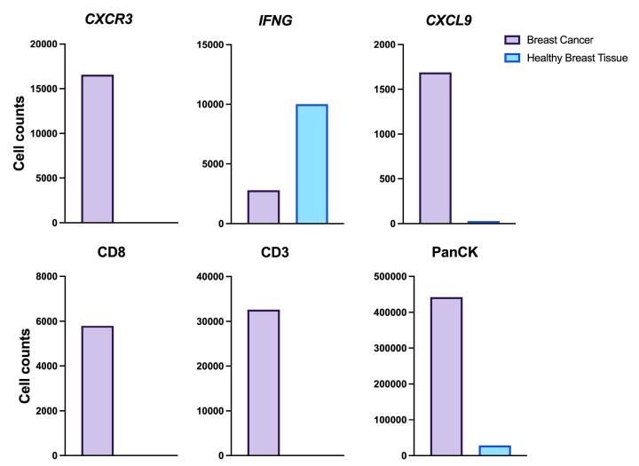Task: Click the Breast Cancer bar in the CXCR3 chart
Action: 98,149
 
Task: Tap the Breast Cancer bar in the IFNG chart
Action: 264,207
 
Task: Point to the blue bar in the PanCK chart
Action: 494,451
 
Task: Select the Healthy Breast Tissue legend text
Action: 578,58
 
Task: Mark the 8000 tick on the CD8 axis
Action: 43,277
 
